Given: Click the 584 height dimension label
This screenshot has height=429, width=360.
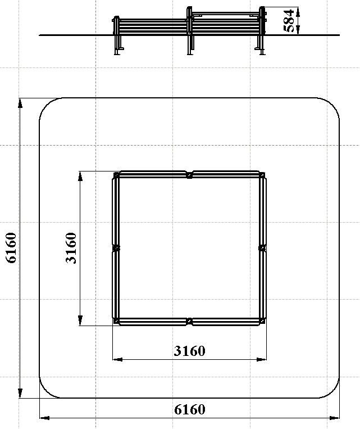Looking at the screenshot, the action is click(x=289, y=21).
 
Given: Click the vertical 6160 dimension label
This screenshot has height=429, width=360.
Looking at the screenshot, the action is click(x=11, y=247).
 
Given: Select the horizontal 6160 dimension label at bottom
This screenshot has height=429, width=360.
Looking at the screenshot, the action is click(x=190, y=409).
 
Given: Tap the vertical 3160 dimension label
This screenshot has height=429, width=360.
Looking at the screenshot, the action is click(x=71, y=248).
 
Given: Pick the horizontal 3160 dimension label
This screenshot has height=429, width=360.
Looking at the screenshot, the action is click(x=189, y=351).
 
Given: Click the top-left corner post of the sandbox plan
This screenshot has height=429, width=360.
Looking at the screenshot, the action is click(x=116, y=174).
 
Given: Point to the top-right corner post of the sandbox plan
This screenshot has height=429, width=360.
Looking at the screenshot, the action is click(x=262, y=174).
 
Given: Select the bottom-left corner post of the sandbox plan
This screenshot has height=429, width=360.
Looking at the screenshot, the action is click(x=116, y=321).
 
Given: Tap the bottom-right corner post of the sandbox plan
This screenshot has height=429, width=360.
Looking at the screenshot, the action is click(x=262, y=321).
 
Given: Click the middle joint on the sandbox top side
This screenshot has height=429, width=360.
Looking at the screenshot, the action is click(x=189, y=175).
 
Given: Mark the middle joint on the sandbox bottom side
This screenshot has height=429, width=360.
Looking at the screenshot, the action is click(x=189, y=321).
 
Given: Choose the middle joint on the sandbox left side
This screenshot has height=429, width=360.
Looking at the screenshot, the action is click(x=116, y=248).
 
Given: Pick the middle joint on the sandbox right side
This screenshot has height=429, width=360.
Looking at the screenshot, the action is click(x=262, y=248).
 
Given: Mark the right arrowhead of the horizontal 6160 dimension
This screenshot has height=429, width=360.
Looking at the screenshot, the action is click(x=335, y=418).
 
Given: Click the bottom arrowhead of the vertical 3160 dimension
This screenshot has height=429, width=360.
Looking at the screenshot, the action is click(x=80, y=320).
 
